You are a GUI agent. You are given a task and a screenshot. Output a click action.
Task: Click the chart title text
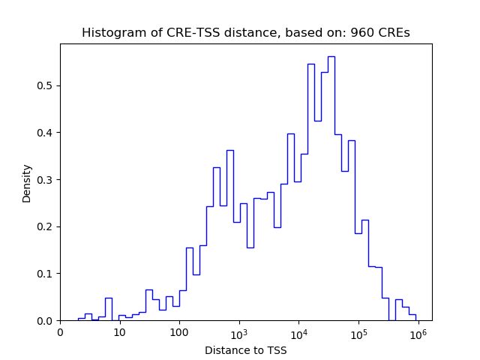[246, 33]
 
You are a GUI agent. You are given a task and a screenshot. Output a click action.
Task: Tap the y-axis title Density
[27, 183]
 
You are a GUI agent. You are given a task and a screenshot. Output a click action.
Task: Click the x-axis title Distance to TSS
[245, 349]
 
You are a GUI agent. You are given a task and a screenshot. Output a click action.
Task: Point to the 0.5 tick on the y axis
[46, 85]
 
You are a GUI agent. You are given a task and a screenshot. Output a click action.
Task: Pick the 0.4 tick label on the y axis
[46, 133]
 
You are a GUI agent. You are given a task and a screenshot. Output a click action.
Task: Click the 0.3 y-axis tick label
[46, 180]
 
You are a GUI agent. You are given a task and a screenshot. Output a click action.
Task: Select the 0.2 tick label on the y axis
[46, 226]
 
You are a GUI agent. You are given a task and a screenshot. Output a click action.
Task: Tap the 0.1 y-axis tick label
[46, 274]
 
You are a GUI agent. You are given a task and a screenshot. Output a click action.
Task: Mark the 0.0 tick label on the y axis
[46, 321]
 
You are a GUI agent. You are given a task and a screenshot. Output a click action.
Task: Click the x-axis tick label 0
[60, 332]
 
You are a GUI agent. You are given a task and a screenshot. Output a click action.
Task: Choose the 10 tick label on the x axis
[120, 332]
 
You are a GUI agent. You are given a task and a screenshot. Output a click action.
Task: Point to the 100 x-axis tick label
[179, 332]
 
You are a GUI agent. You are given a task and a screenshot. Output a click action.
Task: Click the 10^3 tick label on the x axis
[239, 331]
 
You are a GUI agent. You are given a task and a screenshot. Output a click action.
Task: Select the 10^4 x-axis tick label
[298, 331]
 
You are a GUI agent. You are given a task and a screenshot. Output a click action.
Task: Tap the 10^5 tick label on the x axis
[358, 331]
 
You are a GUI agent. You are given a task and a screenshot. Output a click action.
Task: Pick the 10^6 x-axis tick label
[418, 331]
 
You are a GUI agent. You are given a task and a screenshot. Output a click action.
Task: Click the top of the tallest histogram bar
[331, 57]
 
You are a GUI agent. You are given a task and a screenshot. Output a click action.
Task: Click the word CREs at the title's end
[394, 33]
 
